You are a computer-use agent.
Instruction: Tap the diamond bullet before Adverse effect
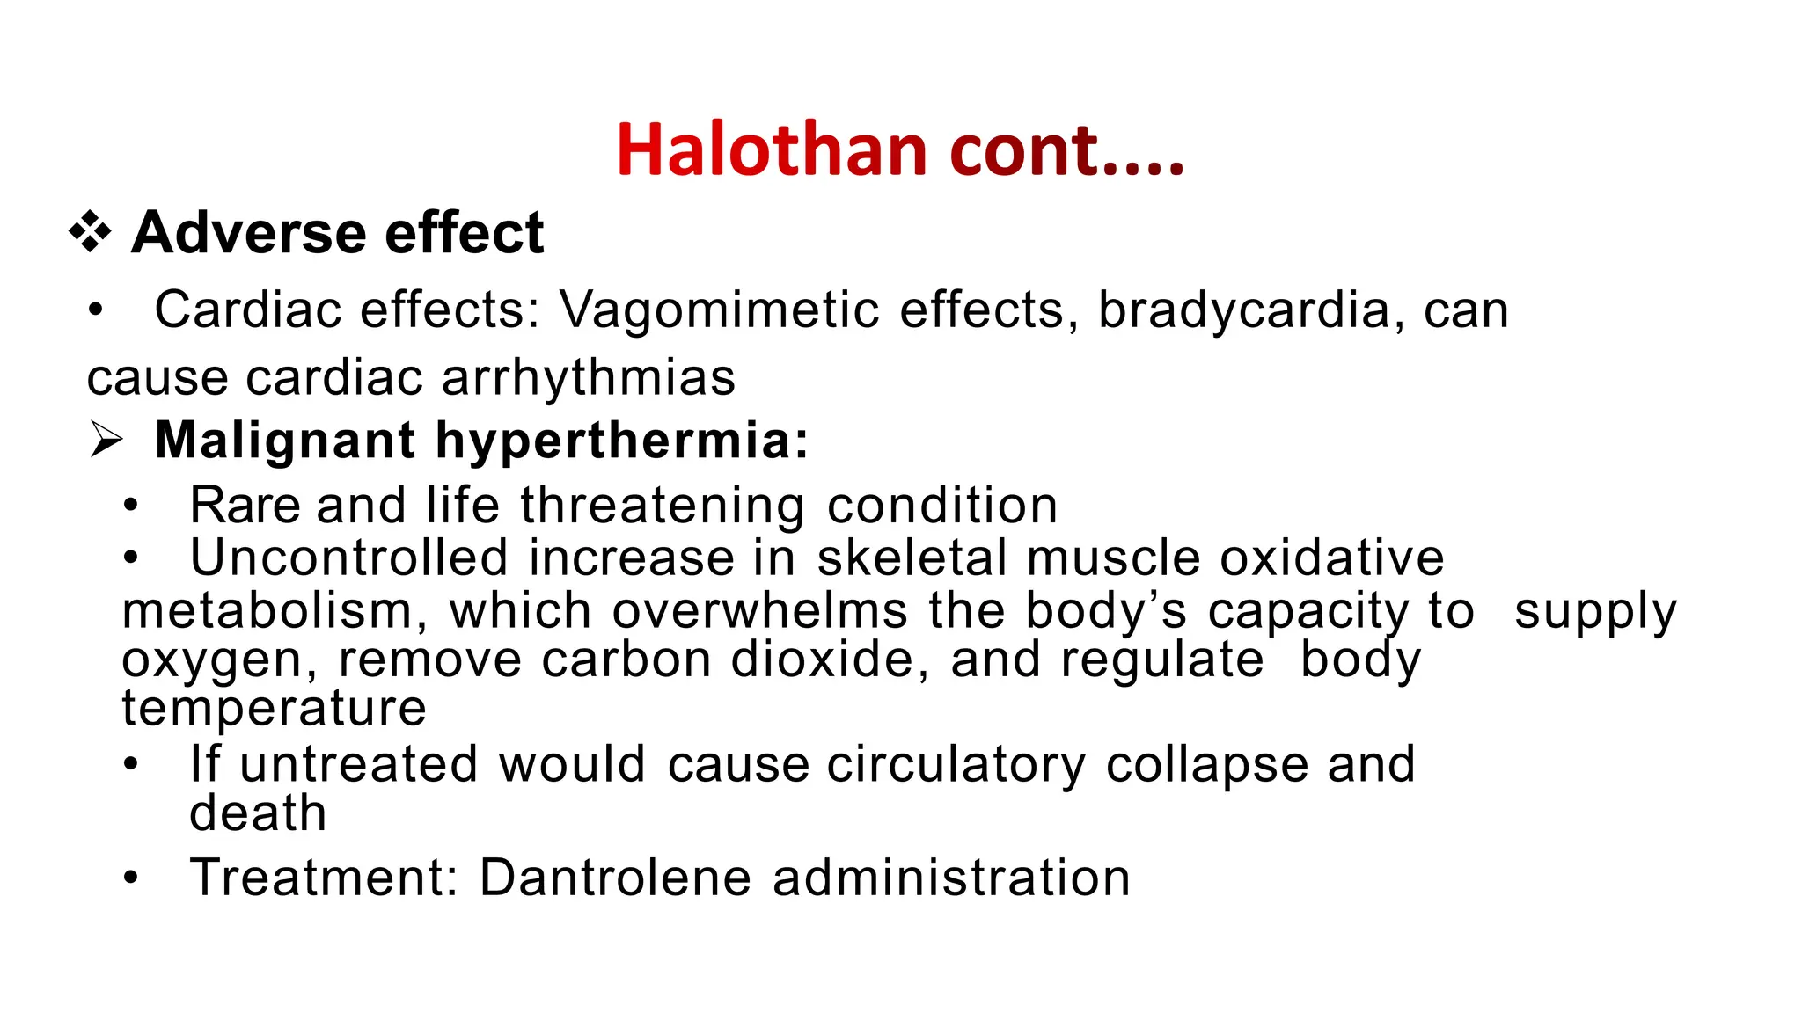pyautogui.click(x=91, y=233)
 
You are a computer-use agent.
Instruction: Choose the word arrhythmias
pyautogui.click(x=588, y=378)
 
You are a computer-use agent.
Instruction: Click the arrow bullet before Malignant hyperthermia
pyautogui.click(x=106, y=440)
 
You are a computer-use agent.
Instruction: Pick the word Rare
pyautogui.click(x=244, y=506)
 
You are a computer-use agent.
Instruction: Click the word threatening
pyautogui.click(x=663, y=506)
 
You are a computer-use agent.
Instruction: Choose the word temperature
pyautogui.click(x=274, y=708)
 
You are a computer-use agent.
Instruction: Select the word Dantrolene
pyautogui.click(x=615, y=878)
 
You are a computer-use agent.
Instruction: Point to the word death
pyautogui.click(x=258, y=813)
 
